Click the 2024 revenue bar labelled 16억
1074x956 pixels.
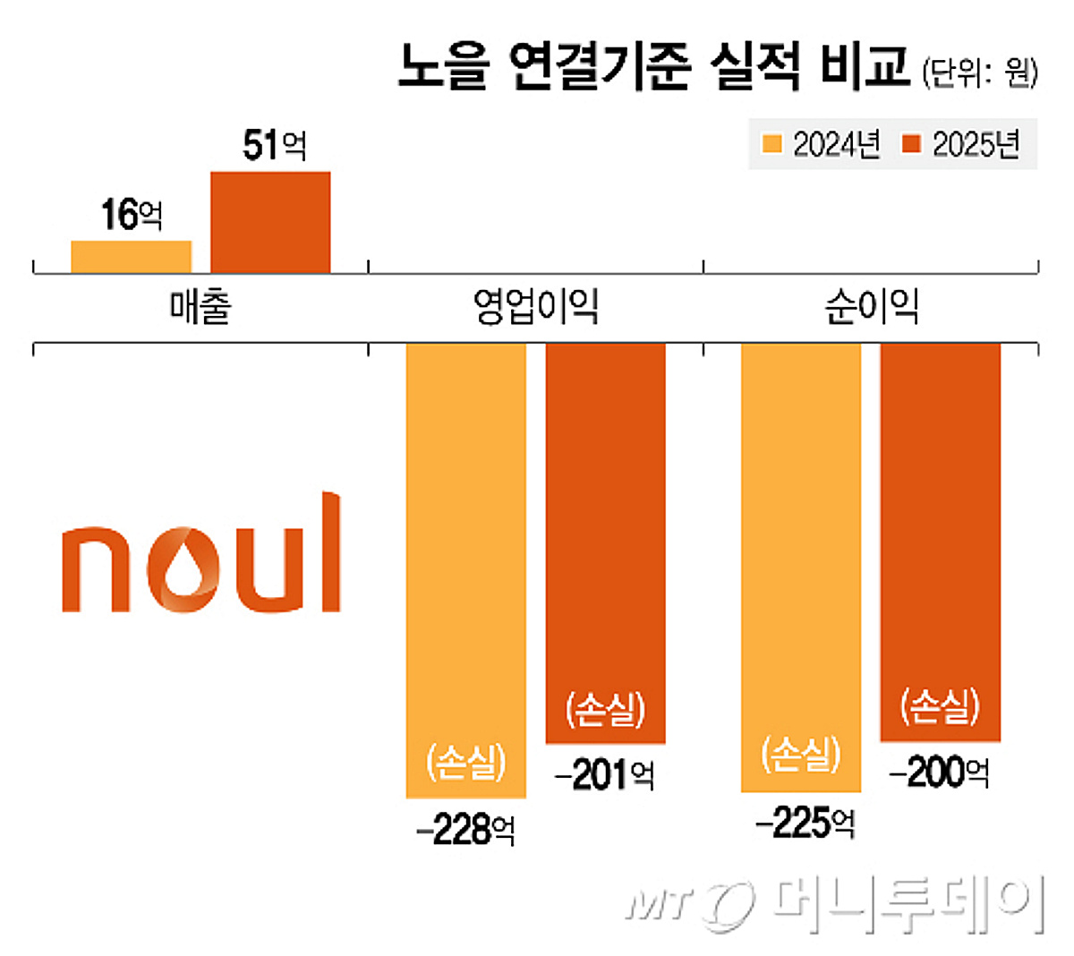(x=131, y=256)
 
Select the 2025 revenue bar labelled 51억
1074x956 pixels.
(x=270, y=221)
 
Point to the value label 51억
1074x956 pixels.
(x=274, y=145)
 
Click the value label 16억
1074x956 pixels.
(x=132, y=215)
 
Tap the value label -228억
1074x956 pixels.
(x=465, y=831)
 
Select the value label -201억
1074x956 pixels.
(x=605, y=775)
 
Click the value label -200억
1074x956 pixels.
(x=940, y=772)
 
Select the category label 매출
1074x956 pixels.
(x=200, y=307)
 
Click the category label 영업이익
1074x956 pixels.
(x=535, y=307)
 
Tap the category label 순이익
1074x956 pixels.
(x=871, y=307)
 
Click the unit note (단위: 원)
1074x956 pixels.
(x=979, y=72)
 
